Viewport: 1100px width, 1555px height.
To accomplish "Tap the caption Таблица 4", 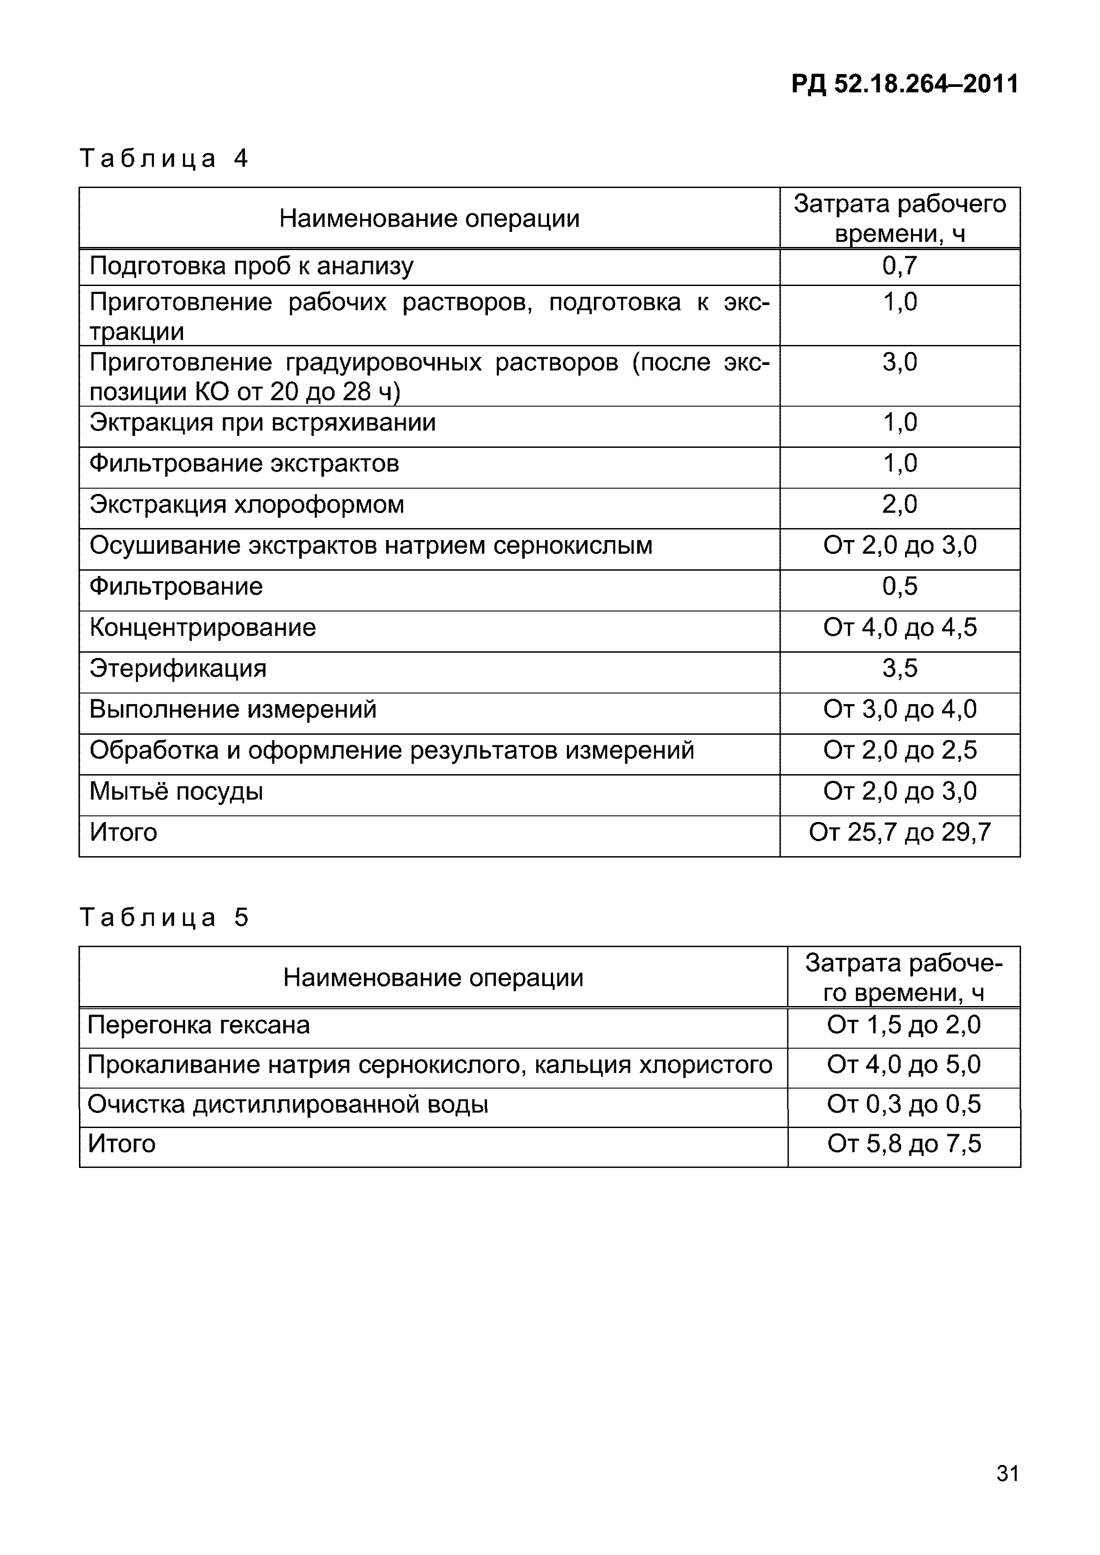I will coord(164,159).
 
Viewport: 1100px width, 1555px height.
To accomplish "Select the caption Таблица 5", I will coord(164,918).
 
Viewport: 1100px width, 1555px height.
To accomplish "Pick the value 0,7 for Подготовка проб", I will coord(900,266).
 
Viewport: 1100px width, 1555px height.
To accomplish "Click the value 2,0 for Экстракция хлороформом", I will coord(900,505).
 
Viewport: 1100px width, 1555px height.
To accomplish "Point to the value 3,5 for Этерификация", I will coord(900,669).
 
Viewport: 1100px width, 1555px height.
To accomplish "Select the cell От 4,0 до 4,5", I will coord(900,628).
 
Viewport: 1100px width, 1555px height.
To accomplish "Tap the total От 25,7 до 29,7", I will coord(900,832).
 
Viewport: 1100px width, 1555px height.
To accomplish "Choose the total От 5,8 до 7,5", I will coord(904,1144).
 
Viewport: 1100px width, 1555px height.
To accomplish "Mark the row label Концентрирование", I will coord(203,628).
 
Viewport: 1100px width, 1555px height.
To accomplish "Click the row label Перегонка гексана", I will coord(198,1026).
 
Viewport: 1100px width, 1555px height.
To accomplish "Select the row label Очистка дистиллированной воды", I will coord(288,1105).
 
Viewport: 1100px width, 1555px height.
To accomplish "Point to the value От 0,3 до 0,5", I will coord(904,1105).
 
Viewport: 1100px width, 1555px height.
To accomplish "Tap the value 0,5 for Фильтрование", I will coord(900,587).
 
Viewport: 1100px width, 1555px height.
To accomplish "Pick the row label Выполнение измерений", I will coord(233,710).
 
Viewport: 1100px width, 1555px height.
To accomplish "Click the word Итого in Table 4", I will coord(123,832).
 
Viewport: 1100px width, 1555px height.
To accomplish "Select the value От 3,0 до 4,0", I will coord(900,710).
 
